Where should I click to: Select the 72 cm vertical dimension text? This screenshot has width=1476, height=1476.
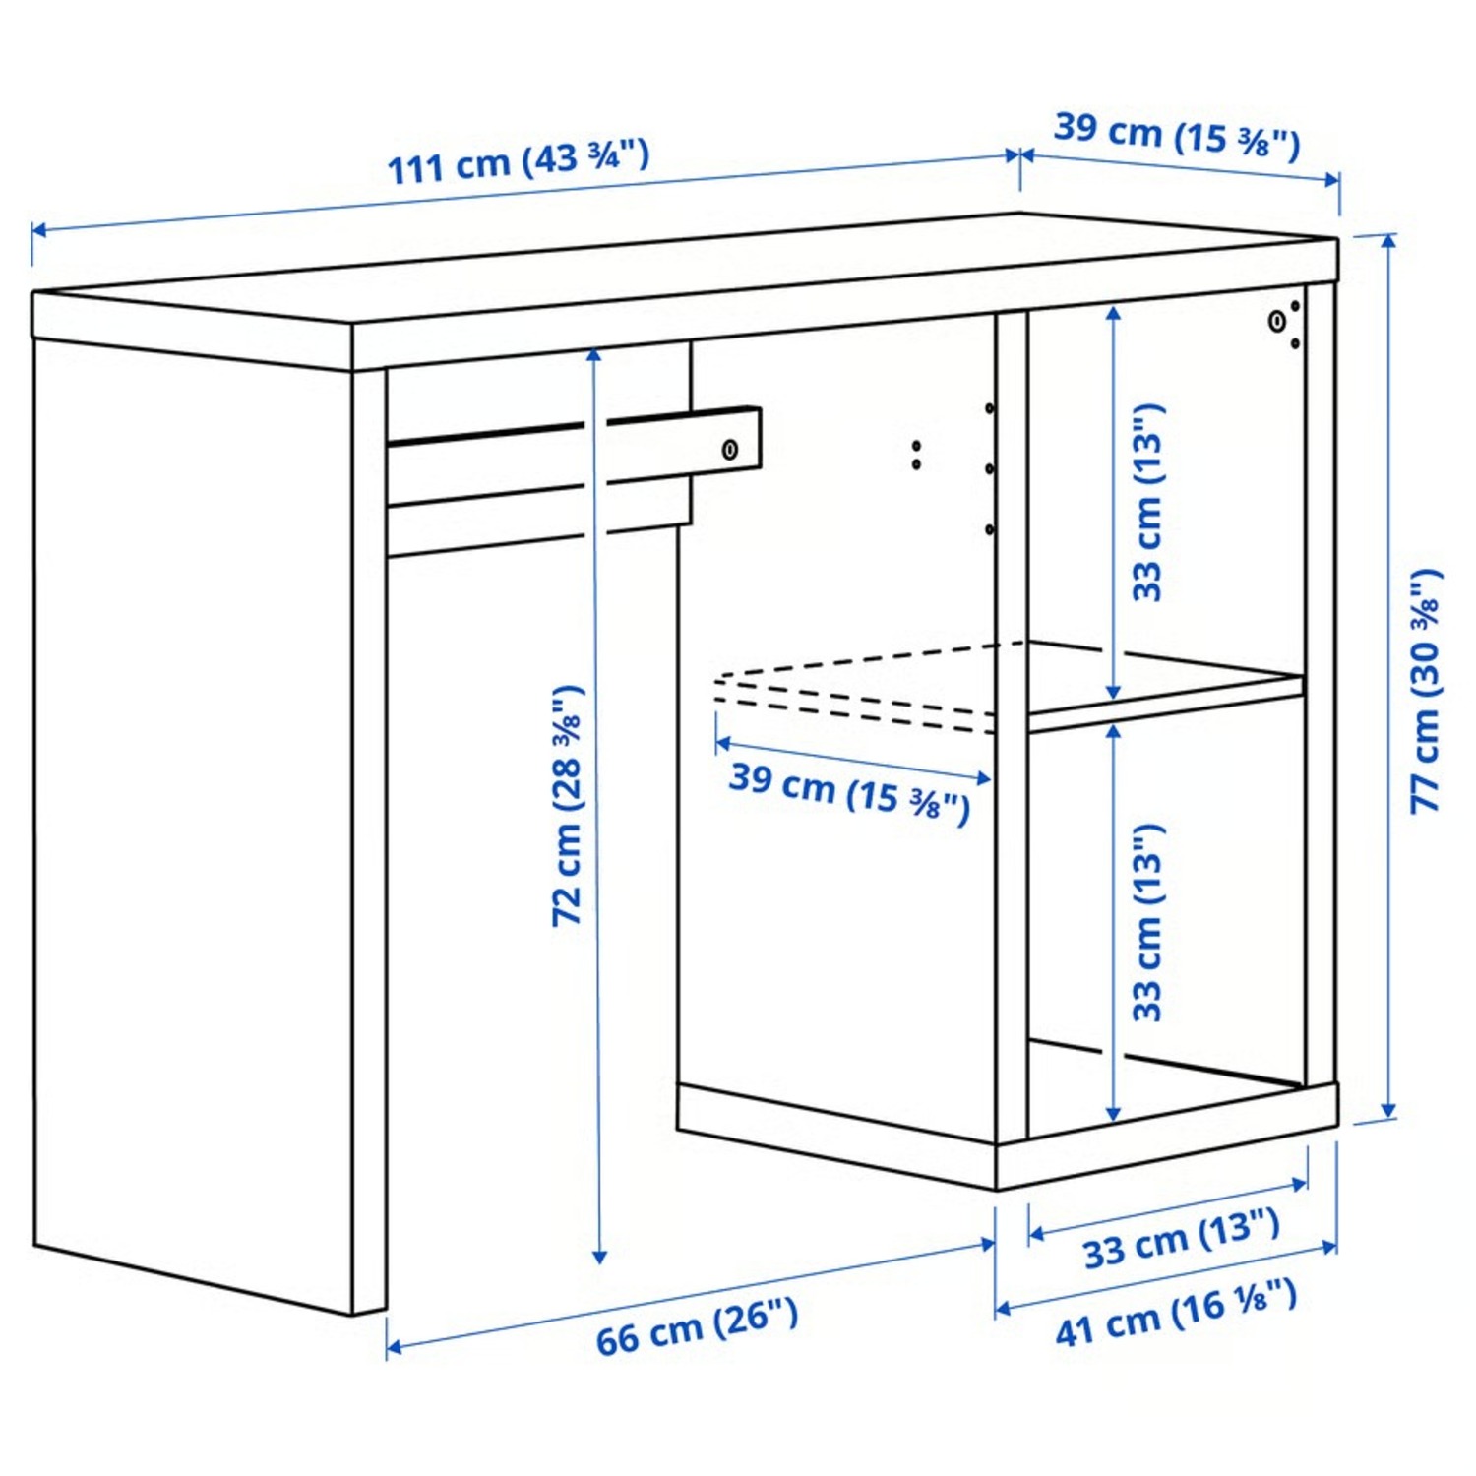568,806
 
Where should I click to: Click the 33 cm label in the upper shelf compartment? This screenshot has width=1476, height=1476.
1147,502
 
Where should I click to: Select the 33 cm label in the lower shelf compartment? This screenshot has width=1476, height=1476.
1147,923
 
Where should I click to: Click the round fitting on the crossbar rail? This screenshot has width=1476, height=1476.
730,450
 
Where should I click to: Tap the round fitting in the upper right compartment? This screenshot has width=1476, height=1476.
1276,321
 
